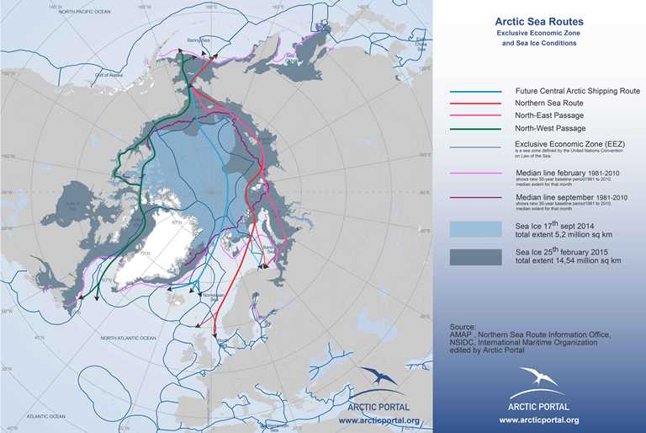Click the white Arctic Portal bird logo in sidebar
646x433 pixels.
(x=538, y=377)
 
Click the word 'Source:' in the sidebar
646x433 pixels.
(x=462, y=324)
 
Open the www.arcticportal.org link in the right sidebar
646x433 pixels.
(x=538, y=420)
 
